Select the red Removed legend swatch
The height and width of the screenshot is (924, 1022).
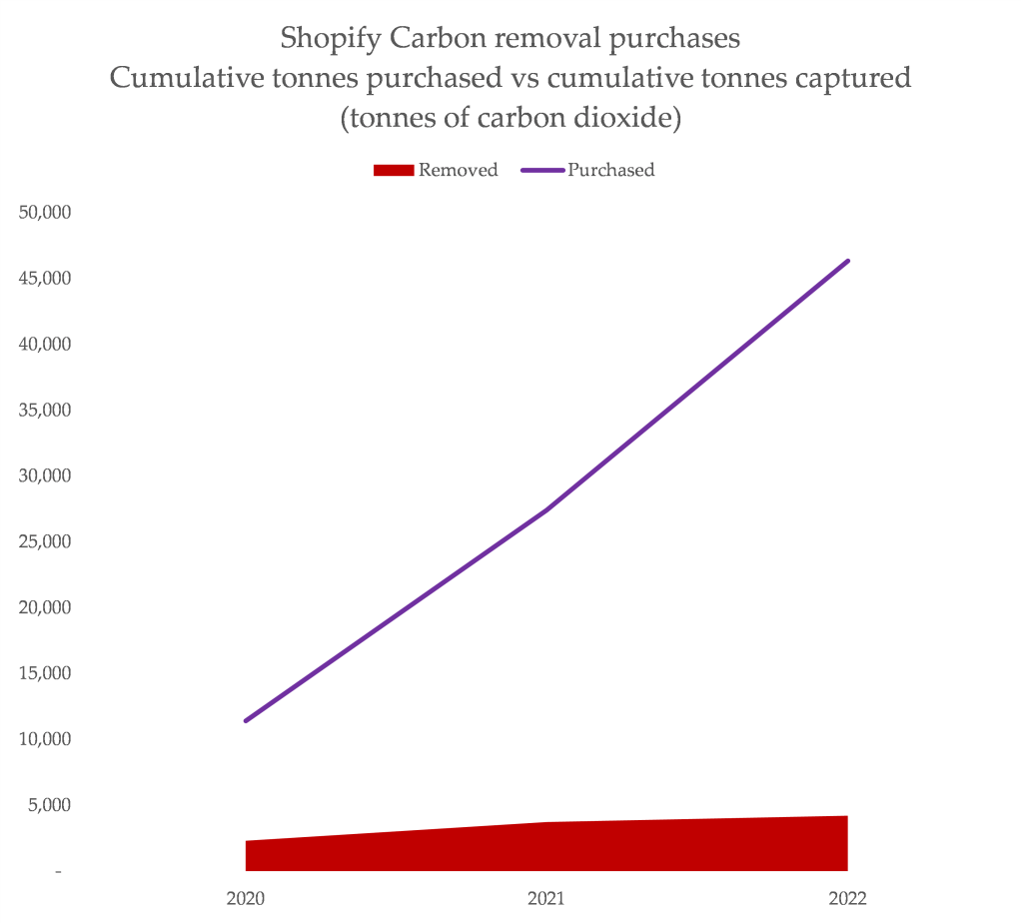[x=393, y=170]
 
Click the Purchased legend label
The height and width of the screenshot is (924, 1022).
[x=610, y=170]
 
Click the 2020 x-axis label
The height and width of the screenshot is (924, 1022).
[x=246, y=899]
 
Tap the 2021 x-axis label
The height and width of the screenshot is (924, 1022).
[x=546, y=899]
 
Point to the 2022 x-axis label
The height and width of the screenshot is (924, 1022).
[x=847, y=899]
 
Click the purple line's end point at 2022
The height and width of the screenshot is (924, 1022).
[x=847, y=261]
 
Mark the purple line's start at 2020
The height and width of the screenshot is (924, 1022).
[x=246, y=720]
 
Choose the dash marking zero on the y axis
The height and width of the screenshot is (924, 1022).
[x=59, y=872]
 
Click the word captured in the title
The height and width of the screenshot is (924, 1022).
[x=852, y=79]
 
